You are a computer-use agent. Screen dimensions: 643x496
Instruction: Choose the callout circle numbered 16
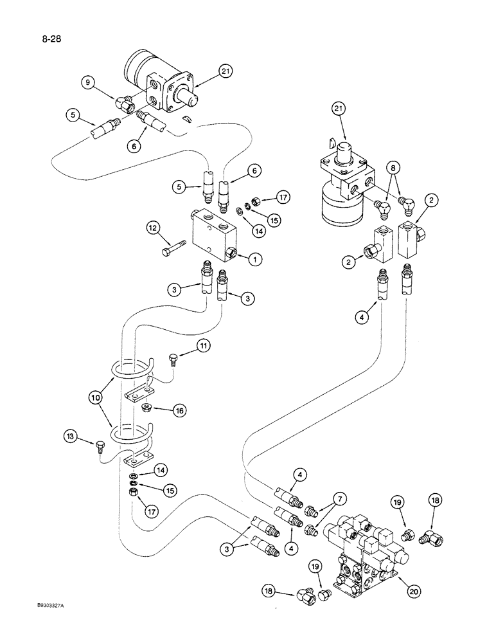(179, 409)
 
